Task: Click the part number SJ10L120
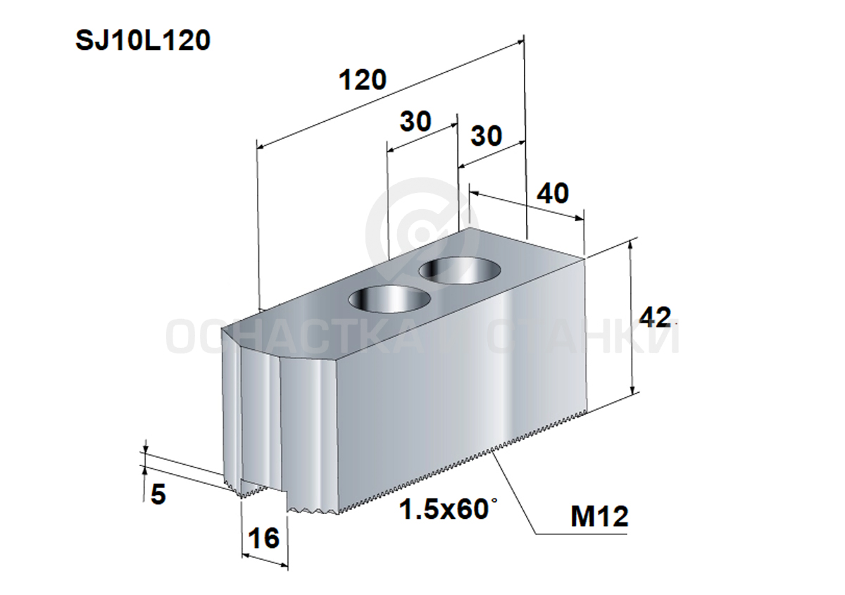coord(143,41)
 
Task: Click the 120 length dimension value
coord(363,80)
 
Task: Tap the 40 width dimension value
coord(553,193)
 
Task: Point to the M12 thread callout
coord(599,517)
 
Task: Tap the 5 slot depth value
coord(158,494)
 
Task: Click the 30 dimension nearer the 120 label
coord(415,121)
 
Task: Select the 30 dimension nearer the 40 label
coord(487,136)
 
